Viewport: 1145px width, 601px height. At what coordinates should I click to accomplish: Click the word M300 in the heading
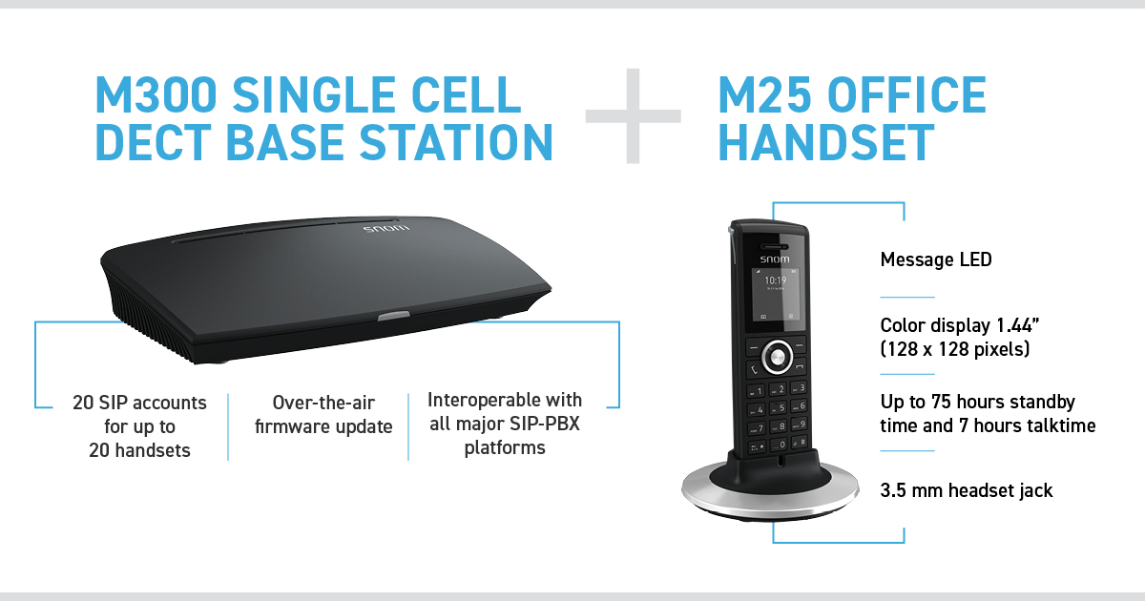[156, 94]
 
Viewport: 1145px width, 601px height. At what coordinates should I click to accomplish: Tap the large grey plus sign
[634, 116]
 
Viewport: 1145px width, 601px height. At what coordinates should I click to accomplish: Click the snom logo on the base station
[386, 228]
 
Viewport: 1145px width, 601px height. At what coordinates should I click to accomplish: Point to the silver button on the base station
[393, 317]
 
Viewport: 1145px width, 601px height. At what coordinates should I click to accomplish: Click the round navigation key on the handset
[777, 357]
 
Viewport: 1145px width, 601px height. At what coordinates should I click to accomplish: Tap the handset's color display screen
[776, 295]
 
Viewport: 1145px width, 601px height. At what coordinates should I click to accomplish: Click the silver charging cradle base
[770, 491]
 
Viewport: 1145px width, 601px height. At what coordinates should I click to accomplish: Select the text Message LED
[936, 259]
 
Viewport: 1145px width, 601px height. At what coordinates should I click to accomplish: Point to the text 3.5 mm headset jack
[966, 490]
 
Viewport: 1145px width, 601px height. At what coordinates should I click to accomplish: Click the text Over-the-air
[323, 403]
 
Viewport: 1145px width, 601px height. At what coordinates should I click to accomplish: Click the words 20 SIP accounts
[139, 403]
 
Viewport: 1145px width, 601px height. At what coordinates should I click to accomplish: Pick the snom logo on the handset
[775, 259]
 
